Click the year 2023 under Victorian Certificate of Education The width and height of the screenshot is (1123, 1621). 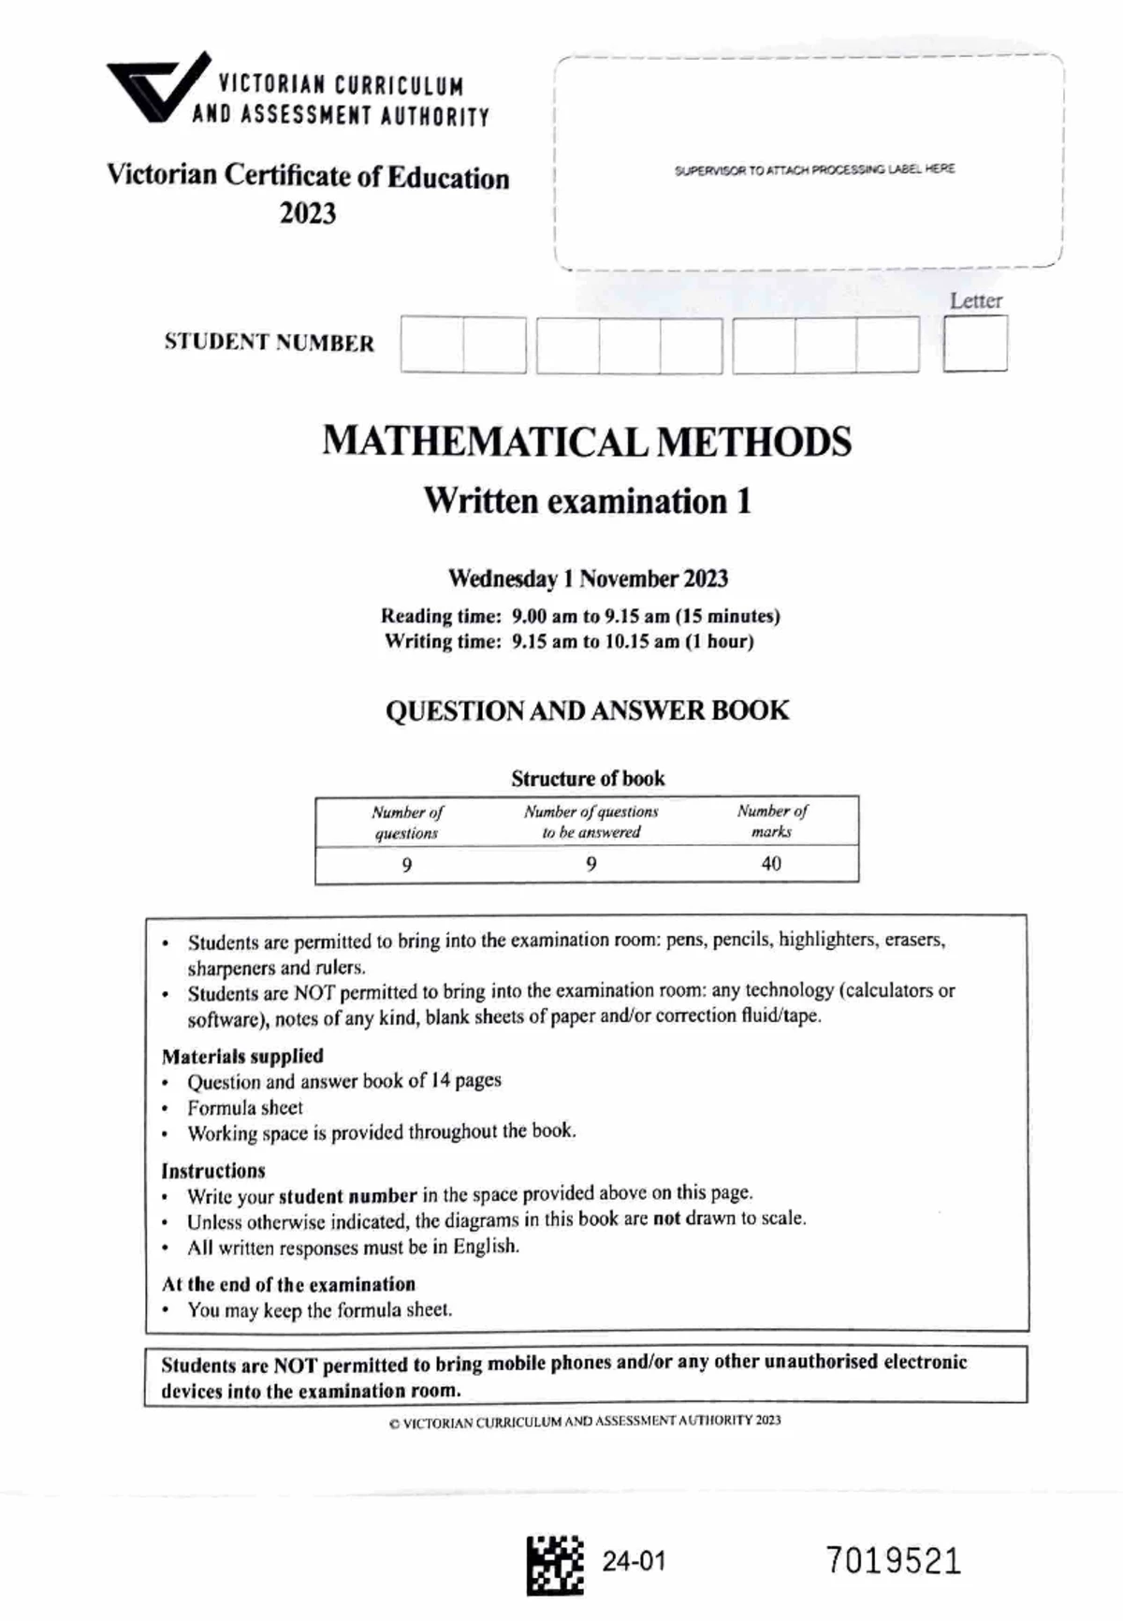(307, 213)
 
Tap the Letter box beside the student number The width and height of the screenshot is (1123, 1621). (975, 343)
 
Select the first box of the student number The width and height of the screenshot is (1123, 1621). (431, 345)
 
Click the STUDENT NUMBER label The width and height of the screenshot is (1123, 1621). (269, 343)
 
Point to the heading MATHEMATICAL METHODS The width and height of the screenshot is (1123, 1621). (587, 442)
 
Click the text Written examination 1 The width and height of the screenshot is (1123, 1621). (587, 501)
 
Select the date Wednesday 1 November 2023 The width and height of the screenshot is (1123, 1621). (588, 578)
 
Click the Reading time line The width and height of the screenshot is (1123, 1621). (580, 616)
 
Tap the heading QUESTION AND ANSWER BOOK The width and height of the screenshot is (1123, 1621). (587, 710)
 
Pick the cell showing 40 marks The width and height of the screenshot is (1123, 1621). (771, 864)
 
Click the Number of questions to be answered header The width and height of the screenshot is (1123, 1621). (591, 822)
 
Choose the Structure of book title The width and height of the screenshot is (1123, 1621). (588, 779)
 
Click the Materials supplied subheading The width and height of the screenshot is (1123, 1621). (242, 1056)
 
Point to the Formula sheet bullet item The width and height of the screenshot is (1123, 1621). (245, 1108)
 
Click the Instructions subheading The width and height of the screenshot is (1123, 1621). (213, 1171)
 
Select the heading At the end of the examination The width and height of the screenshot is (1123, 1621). (288, 1284)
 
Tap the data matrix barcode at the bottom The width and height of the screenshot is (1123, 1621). (554, 1564)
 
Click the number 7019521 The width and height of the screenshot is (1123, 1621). (893, 1562)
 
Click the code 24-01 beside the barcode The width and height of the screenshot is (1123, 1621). (634, 1561)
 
